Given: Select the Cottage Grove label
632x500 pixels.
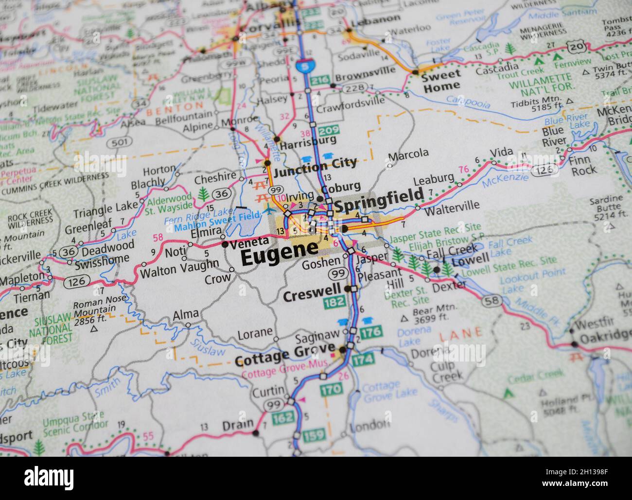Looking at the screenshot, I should [x=284, y=358].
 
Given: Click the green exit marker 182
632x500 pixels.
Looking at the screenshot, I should [x=334, y=303].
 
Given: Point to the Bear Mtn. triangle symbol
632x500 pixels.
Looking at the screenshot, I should [x=404, y=319].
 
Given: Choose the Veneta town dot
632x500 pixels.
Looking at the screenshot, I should [x=225, y=244].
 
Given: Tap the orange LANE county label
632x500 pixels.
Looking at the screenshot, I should [x=461, y=334].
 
